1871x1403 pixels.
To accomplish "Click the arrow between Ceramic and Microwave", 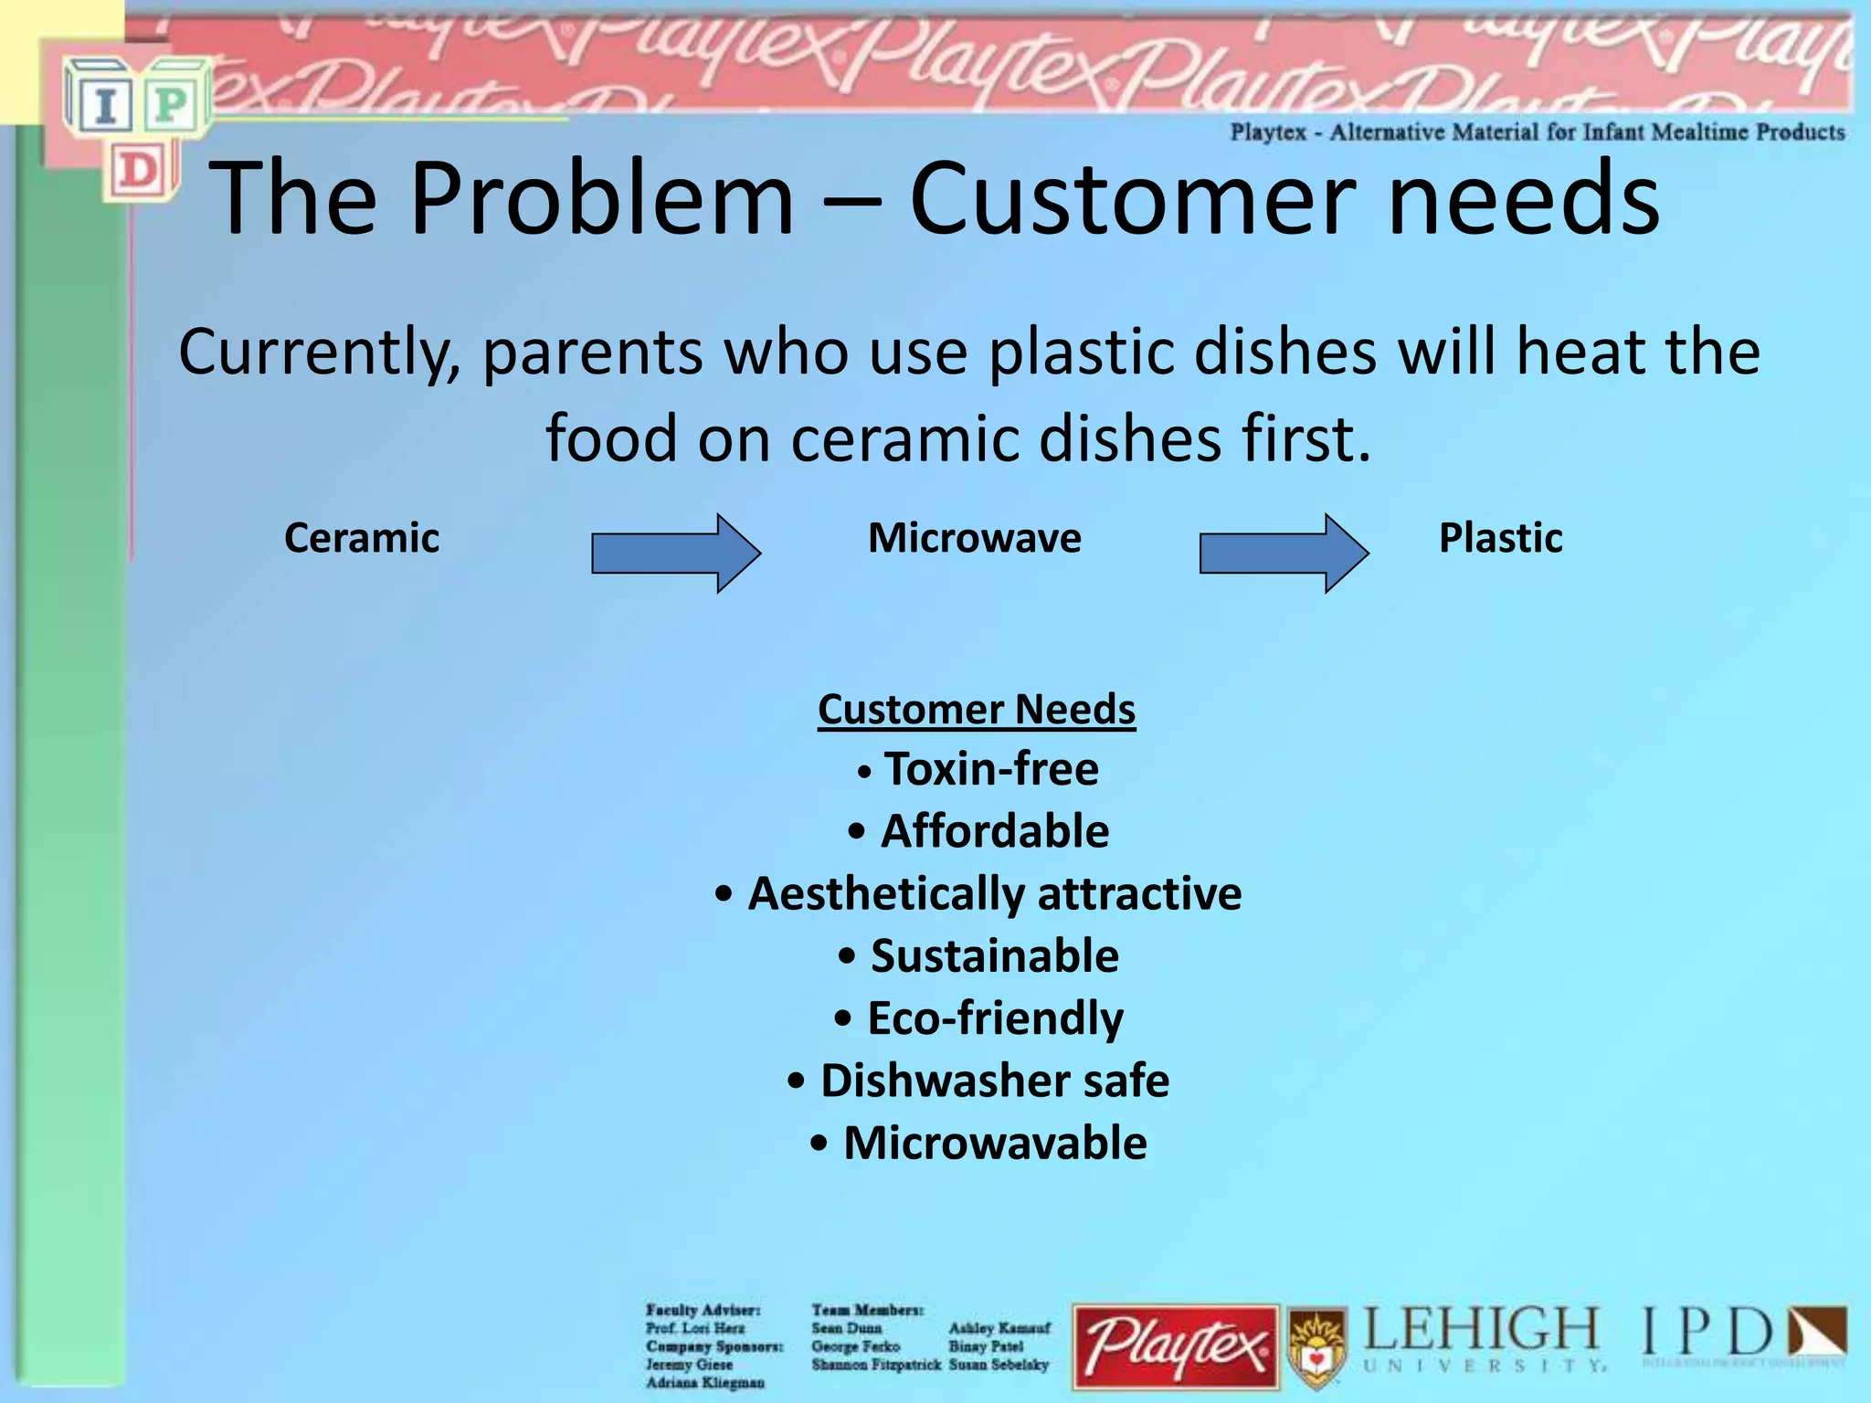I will (676, 554).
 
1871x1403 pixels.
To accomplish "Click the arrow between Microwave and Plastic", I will (1284, 554).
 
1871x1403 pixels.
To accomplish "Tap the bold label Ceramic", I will (362, 538).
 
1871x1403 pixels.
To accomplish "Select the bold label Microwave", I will (975, 538).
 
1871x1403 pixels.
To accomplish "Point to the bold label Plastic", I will (1500, 538).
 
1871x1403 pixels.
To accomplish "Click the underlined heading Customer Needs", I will (977, 710).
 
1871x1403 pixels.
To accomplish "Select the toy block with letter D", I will (139, 171).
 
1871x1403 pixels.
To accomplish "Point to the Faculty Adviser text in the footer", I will (702, 1311).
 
